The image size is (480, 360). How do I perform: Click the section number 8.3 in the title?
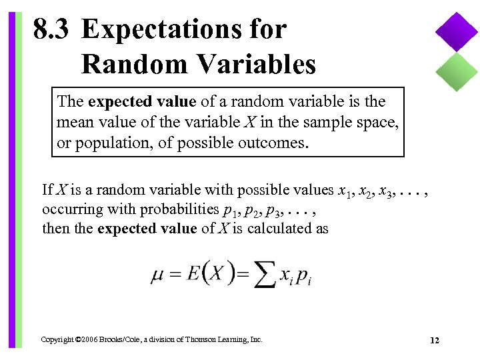coord(53,30)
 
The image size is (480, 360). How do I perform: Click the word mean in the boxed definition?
coord(74,122)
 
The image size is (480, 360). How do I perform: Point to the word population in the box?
coord(108,143)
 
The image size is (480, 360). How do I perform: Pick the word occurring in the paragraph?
coord(69,209)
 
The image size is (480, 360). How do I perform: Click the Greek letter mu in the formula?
coord(157,274)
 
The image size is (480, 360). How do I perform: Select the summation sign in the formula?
coord(265,274)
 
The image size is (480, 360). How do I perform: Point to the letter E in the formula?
coord(194,273)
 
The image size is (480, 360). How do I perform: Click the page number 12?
coord(435,341)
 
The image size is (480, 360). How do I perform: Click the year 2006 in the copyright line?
coord(84,340)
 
